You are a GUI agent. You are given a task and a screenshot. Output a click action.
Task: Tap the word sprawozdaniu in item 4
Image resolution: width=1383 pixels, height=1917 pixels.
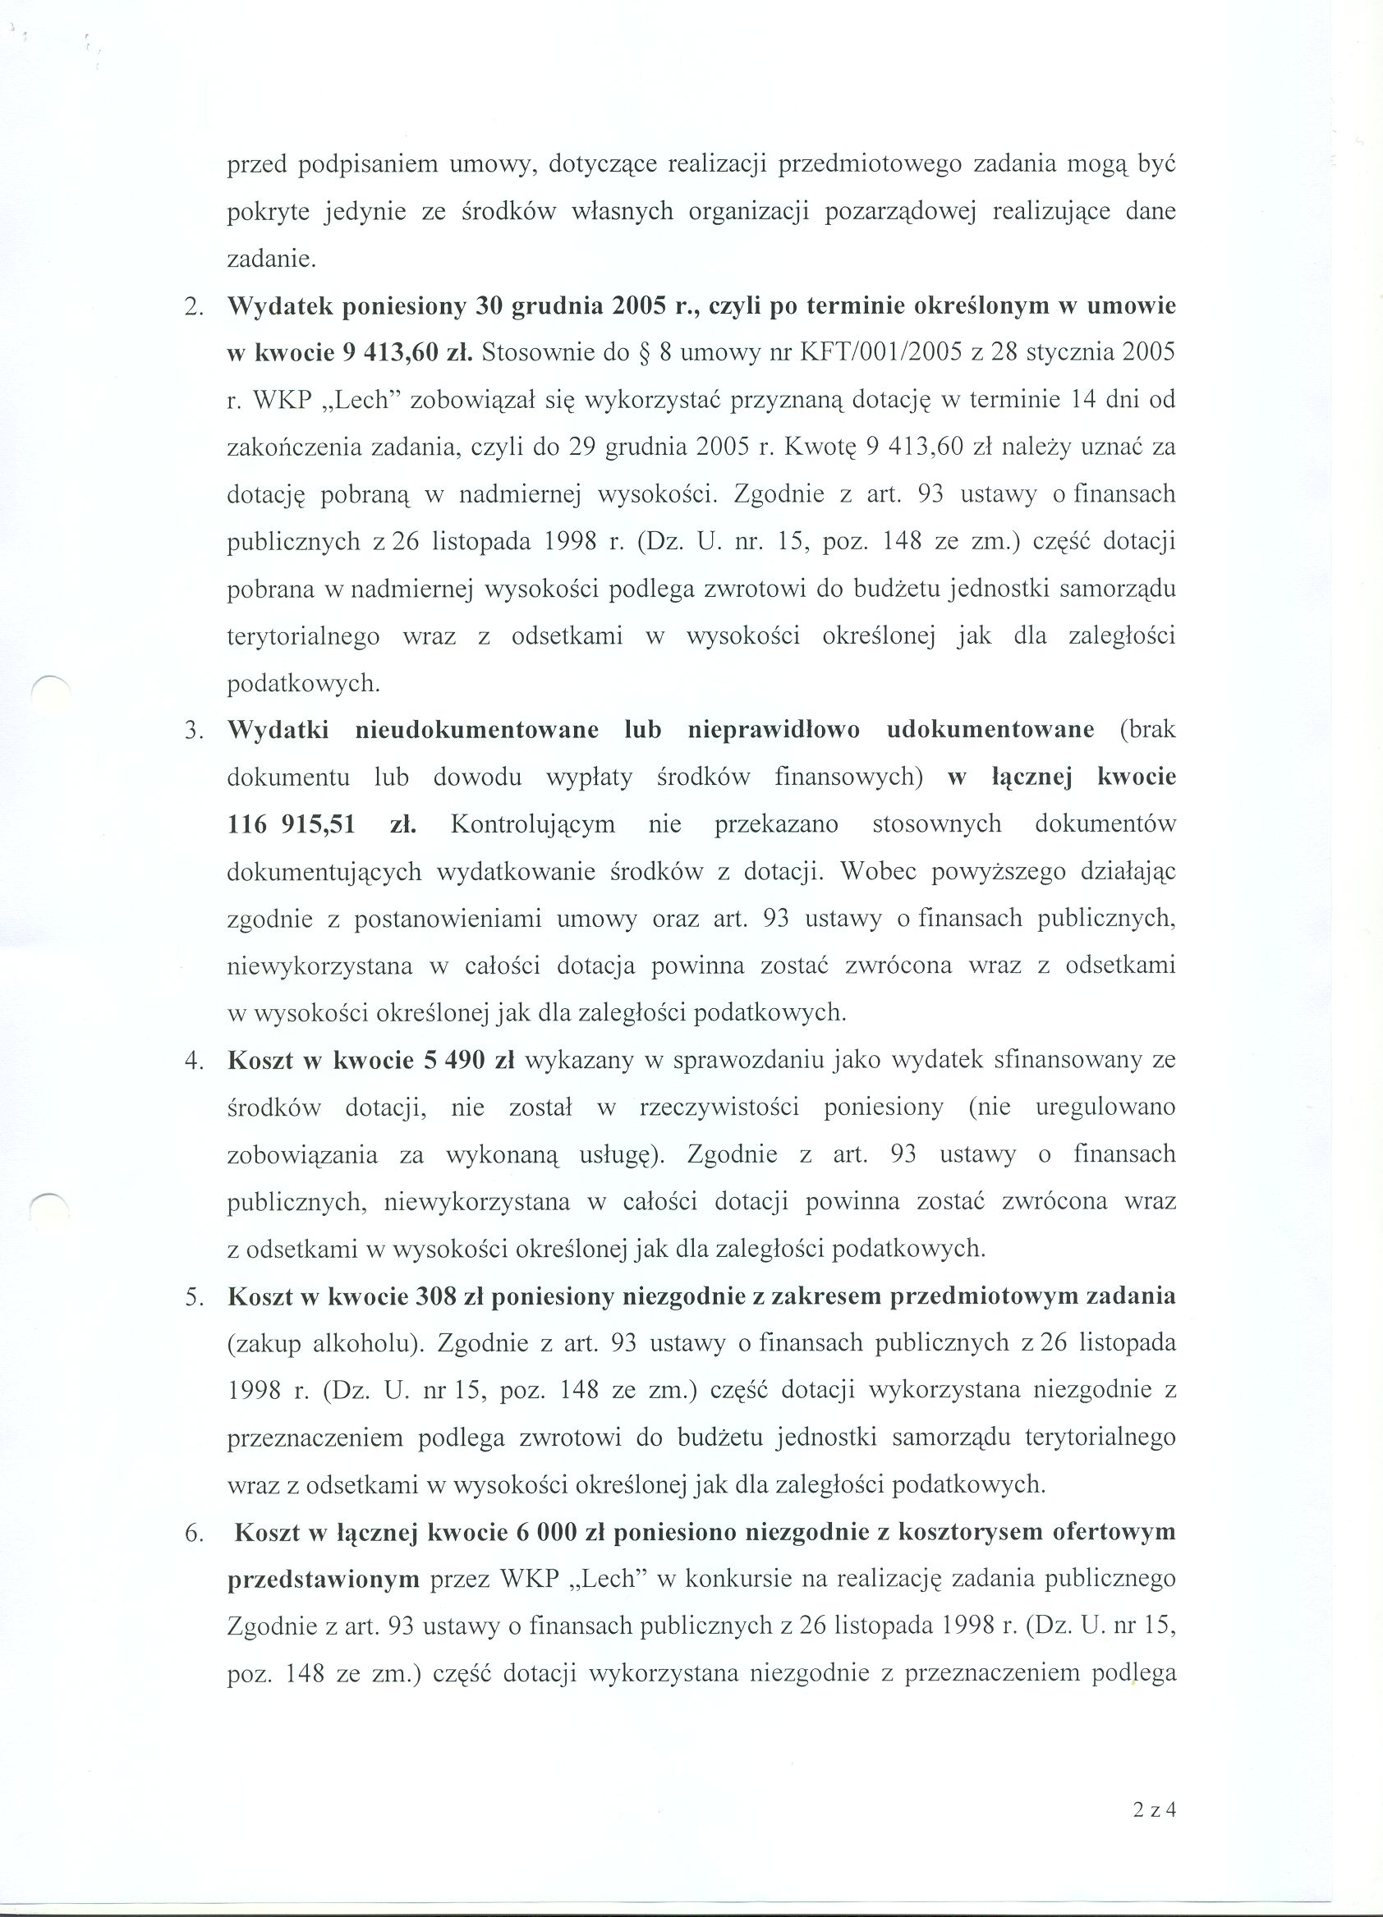(748, 1061)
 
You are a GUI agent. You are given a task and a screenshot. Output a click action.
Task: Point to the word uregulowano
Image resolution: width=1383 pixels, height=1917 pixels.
(1105, 1108)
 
